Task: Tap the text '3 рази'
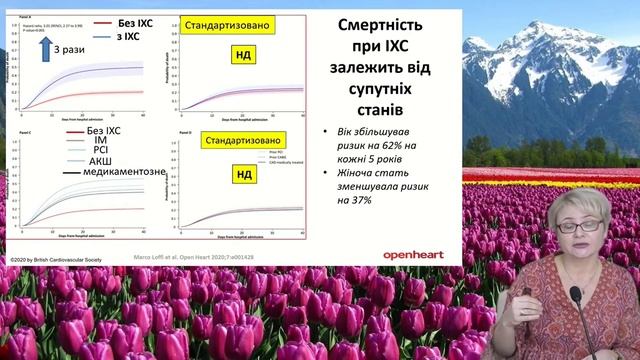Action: (x=69, y=48)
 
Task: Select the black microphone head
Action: (x=576, y=298)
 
